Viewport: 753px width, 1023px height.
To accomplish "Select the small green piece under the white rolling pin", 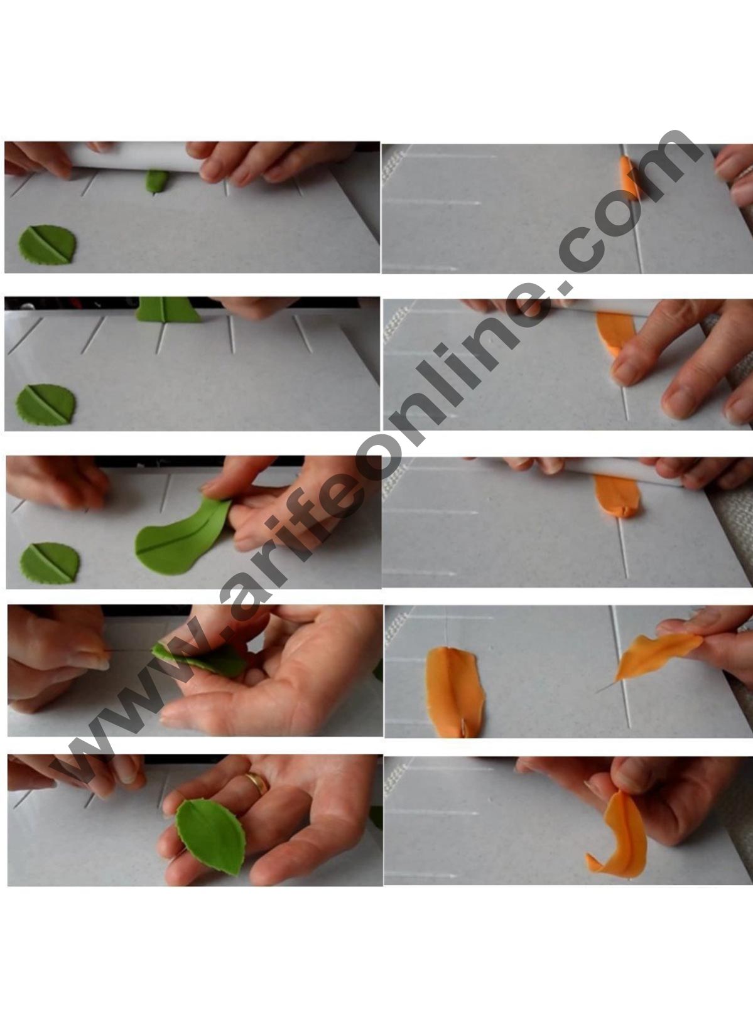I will pos(156,181).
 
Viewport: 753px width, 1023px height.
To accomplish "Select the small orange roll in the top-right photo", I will pos(628,177).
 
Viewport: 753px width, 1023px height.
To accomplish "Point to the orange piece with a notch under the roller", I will pos(618,496).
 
